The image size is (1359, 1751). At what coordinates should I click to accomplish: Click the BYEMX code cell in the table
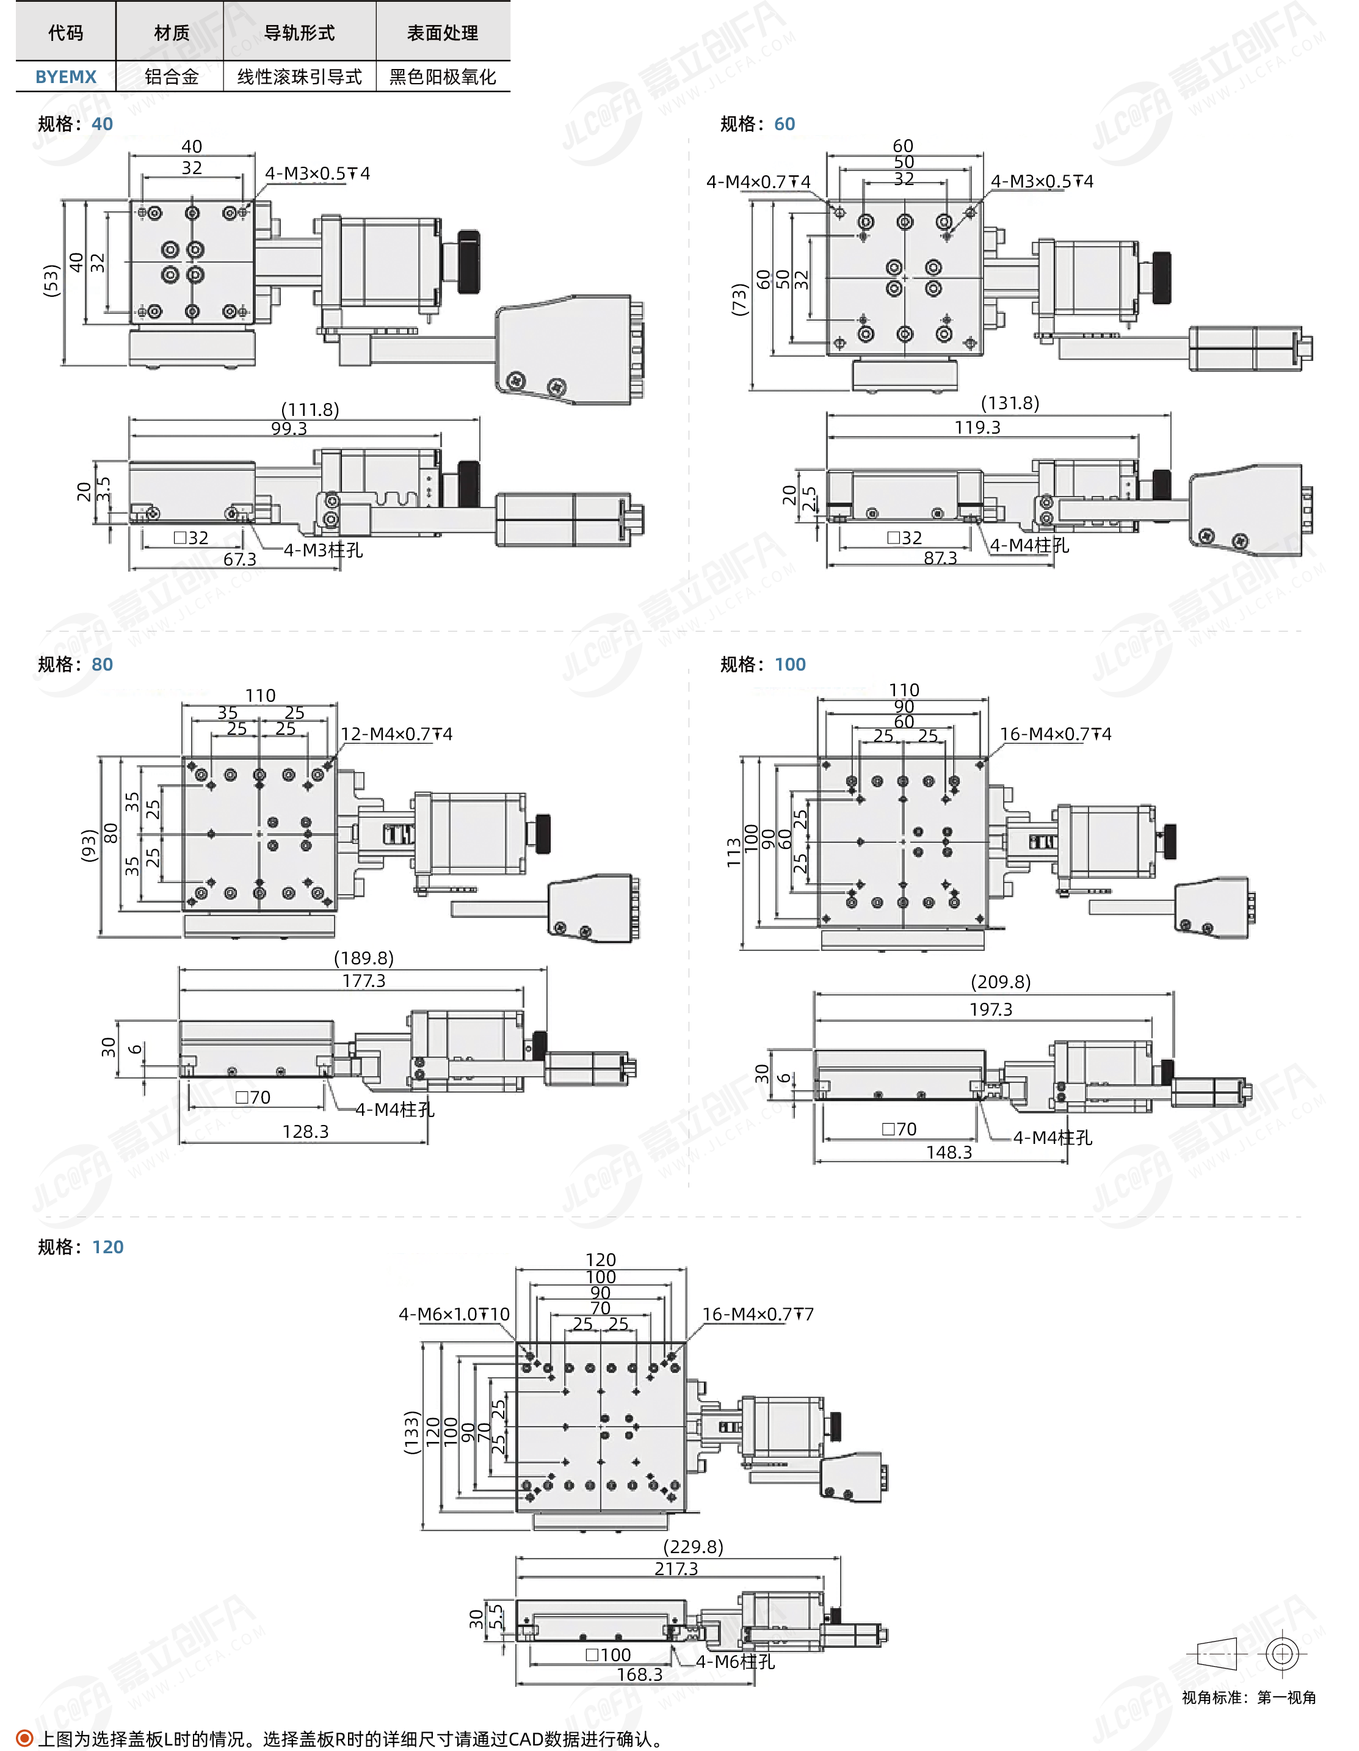(x=66, y=77)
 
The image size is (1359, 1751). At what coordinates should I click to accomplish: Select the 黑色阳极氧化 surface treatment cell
(x=442, y=77)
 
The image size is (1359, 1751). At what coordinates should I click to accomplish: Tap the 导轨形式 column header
(x=299, y=33)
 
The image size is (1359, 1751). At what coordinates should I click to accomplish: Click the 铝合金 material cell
(x=172, y=77)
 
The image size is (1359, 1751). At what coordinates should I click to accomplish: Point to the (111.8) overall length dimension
(x=310, y=410)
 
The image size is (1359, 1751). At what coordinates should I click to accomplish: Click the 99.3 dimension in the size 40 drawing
(x=288, y=428)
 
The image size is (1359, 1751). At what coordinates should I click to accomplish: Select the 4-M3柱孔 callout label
(x=323, y=550)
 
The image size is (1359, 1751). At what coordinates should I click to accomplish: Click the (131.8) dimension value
(x=1010, y=402)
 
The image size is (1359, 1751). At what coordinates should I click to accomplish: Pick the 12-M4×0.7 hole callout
(x=396, y=734)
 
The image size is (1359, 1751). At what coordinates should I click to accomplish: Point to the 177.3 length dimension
(x=364, y=980)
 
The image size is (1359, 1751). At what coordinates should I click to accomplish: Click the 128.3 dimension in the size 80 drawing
(x=305, y=1131)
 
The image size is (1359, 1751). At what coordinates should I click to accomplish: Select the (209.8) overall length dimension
(x=1001, y=981)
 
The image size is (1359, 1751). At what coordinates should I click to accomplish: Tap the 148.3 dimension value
(x=949, y=1152)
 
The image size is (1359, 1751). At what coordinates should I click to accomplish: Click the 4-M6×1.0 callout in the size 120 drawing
(x=454, y=1314)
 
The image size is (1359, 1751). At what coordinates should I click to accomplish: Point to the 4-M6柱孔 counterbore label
(x=735, y=1662)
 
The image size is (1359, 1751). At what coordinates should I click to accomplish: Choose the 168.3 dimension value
(x=639, y=1675)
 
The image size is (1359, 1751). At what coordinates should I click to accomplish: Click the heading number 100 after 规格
(x=790, y=664)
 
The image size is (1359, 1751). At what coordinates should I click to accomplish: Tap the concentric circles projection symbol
(x=1282, y=1654)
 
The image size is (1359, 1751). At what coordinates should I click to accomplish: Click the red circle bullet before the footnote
(x=25, y=1738)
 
